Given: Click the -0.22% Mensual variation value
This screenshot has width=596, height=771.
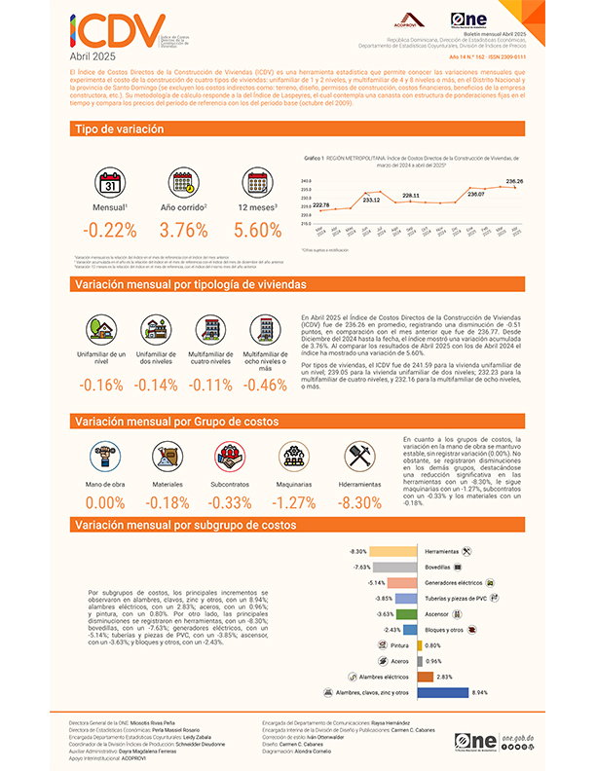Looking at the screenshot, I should coord(110,232).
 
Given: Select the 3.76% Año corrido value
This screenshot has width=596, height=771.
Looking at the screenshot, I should coord(183,232).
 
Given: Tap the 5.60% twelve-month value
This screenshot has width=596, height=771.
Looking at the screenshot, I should coord(258,232).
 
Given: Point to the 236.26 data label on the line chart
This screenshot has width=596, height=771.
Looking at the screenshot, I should coord(515,182).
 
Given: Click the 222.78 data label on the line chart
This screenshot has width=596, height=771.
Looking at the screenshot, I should coord(320,204).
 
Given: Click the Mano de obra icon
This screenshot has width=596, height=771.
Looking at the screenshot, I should coord(105,455).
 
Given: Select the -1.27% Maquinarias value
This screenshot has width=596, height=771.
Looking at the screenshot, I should coord(290,503).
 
